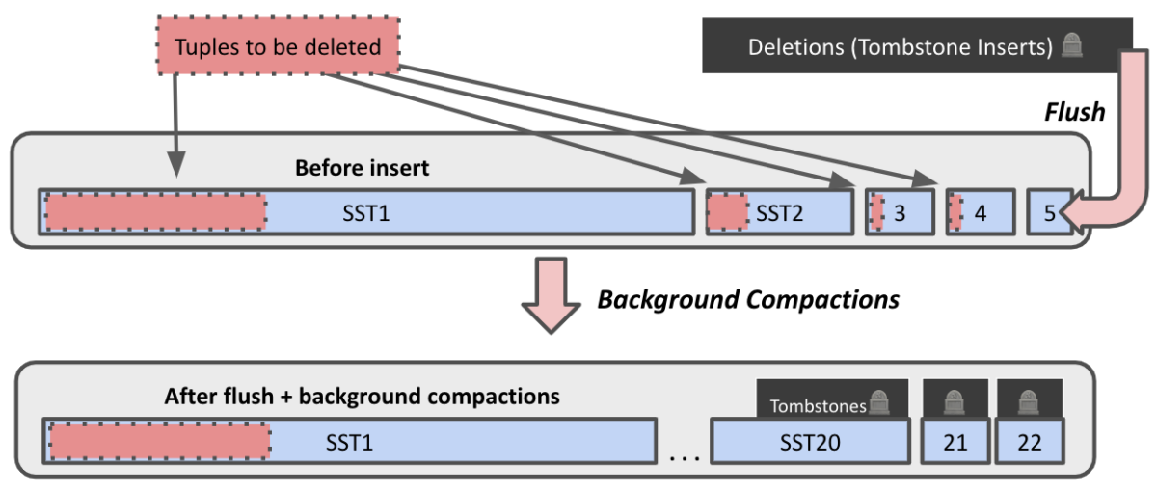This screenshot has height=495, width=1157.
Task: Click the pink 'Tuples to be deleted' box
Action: (x=278, y=46)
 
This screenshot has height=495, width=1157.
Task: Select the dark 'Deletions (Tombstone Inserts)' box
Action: (x=915, y=46)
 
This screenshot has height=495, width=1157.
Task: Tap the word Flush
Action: (x=1074, y=112)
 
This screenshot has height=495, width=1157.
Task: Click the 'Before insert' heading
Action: (x=362, y=168)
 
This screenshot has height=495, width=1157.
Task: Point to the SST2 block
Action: (x=779, y=212)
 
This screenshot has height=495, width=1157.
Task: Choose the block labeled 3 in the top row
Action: (x=900, y=212)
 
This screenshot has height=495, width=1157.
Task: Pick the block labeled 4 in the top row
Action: (x=980, y=212)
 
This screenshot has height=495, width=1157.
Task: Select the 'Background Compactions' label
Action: (x=748, y=299)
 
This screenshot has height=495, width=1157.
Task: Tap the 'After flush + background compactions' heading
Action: (x=362, y=396)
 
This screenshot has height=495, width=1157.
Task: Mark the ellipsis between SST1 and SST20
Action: (x=684, y=455)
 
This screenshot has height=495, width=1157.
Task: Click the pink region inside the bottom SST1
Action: (x=159, y=441)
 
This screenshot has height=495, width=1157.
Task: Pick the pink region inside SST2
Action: (x=727, y=212)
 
